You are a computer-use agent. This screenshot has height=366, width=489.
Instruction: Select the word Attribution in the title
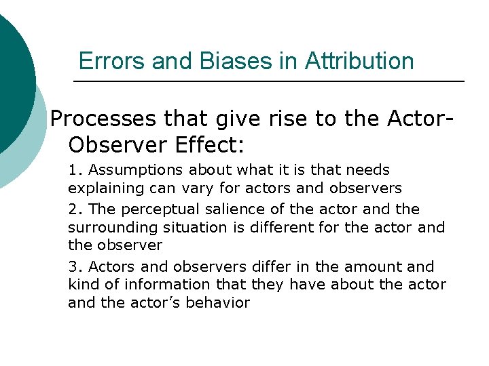pyautogui.click(x=359, y=61)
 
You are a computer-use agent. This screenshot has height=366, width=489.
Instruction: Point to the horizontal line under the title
pyautogui.click(x=268, y=82)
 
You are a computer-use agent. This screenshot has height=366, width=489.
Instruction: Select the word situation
pyautogui.click(x=196, y=227)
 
